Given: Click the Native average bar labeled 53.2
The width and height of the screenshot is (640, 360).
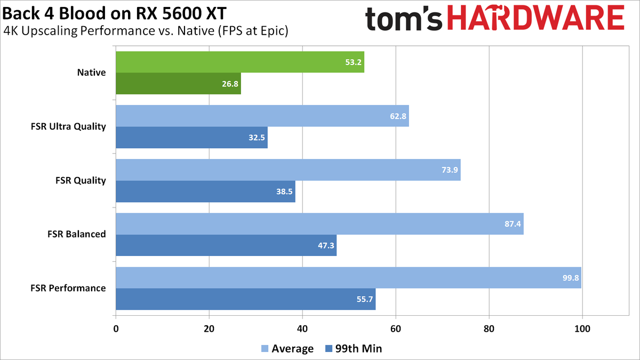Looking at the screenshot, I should coord(240,62).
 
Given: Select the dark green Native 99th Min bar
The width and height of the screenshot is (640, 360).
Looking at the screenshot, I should coord(178,84).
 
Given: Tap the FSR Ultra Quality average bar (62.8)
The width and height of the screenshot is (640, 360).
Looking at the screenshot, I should coord(262,116).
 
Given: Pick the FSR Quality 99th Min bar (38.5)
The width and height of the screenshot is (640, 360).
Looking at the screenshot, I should coord(205,191).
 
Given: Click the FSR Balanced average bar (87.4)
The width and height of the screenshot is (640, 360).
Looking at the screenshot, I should coord(319,224).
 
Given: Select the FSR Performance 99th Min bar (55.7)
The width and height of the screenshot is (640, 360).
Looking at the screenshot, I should coord(245,299).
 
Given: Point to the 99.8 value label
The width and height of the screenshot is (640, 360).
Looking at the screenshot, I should coord(570,278).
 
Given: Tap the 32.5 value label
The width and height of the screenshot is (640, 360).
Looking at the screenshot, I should coord(257,138).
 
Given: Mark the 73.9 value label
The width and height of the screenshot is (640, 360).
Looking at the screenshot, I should coord(450,170).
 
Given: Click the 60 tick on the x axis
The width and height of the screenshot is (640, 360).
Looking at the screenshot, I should coord(396,329).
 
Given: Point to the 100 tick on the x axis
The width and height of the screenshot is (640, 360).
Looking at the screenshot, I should coord(582,329).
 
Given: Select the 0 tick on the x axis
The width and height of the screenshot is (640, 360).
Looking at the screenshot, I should coord(116,329).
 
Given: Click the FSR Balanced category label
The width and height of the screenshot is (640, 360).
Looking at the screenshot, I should coord(77,234).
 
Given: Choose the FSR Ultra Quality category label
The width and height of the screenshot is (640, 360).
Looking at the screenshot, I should coord(68,126).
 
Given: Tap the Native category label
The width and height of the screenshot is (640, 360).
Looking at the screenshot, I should coord(91,73).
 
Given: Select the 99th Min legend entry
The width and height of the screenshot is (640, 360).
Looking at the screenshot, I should coord(352,349).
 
